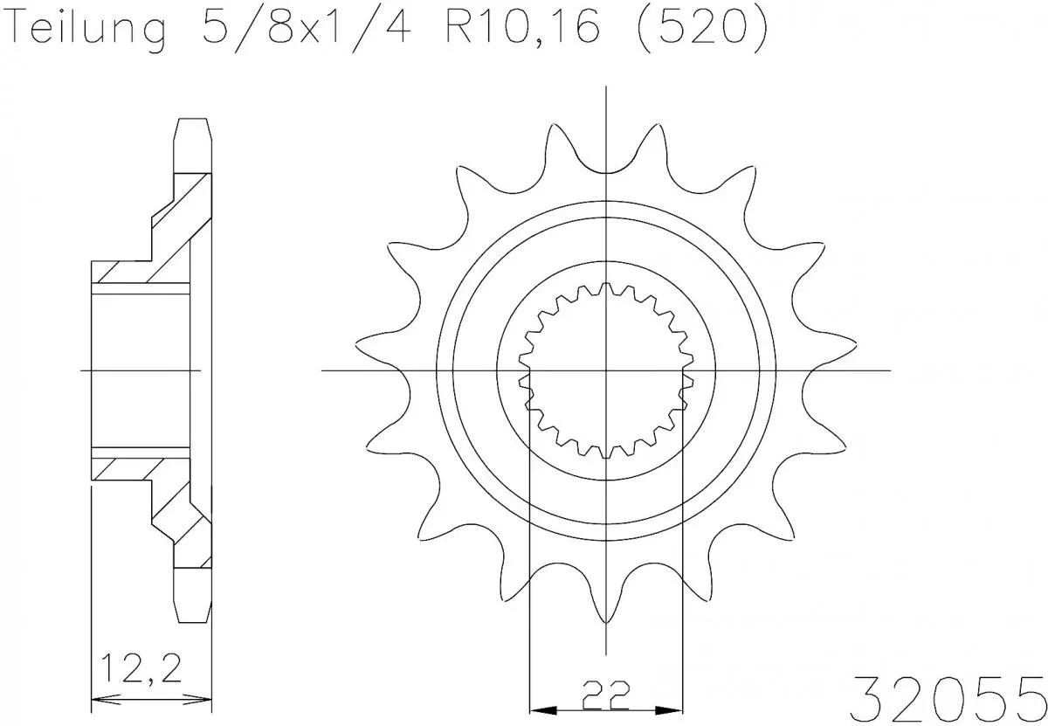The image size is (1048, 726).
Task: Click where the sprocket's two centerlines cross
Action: [606, 370]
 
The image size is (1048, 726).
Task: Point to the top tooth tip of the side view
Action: [194, 121]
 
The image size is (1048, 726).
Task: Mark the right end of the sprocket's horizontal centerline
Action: [889, 370]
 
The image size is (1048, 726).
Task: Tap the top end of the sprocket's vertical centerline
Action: [606, 87]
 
